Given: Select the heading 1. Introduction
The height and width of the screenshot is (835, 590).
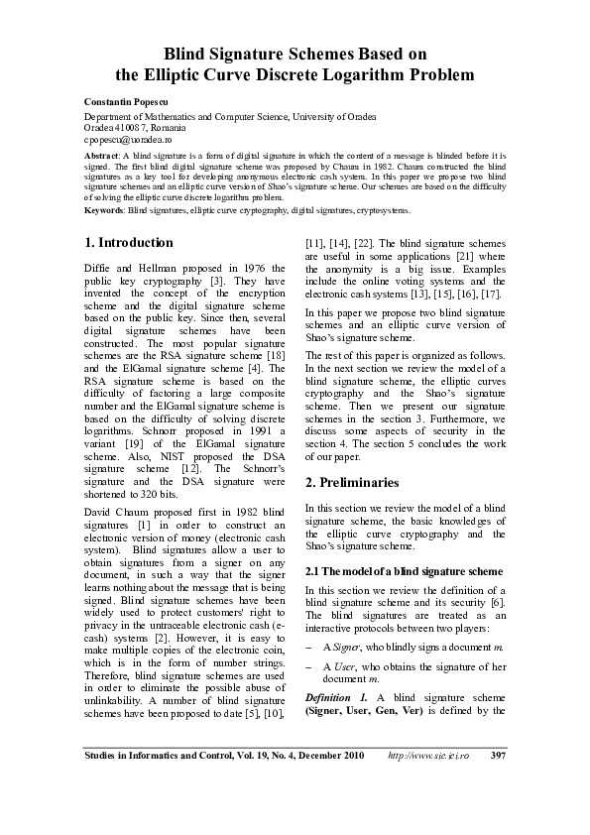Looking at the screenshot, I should (129, 242).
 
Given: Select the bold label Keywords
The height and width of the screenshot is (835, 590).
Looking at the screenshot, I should (104, 210).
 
